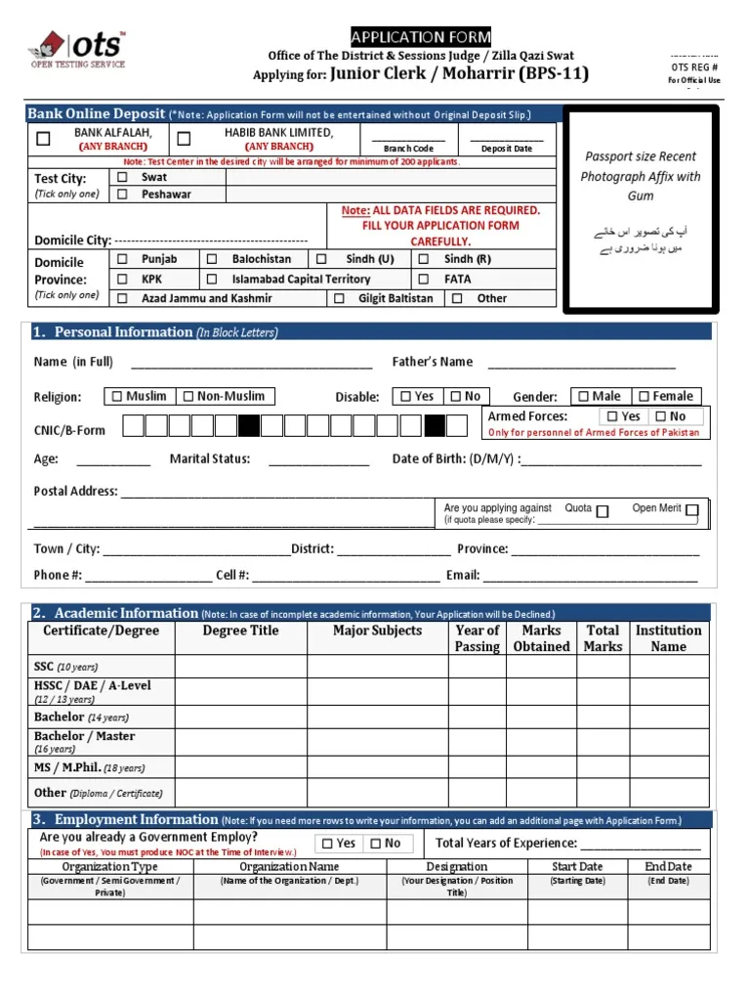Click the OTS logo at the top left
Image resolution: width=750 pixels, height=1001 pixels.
click(78, 49)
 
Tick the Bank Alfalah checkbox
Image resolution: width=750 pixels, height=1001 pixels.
click(43, 139)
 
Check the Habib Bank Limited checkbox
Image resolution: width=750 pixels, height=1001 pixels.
click(184, 139)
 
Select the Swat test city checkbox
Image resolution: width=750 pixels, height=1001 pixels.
click(122, 178)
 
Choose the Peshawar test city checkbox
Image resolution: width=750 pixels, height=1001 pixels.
click(122, 195)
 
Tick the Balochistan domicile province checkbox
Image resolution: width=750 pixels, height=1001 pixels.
click(212, 259)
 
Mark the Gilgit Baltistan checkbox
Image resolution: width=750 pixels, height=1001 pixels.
click(339, 298)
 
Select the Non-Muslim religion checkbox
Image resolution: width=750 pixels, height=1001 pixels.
click(187, 396)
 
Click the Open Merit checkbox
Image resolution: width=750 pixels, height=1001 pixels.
click(691, 510)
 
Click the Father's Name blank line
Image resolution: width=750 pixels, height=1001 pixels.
click(581, 365)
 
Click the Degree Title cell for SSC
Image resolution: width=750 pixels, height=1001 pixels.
click(240, 667)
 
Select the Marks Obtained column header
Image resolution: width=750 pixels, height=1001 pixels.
click(541, 638)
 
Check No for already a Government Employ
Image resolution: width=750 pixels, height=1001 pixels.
click(375, 843)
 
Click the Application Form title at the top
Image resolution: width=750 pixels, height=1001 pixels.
click(421, 37)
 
